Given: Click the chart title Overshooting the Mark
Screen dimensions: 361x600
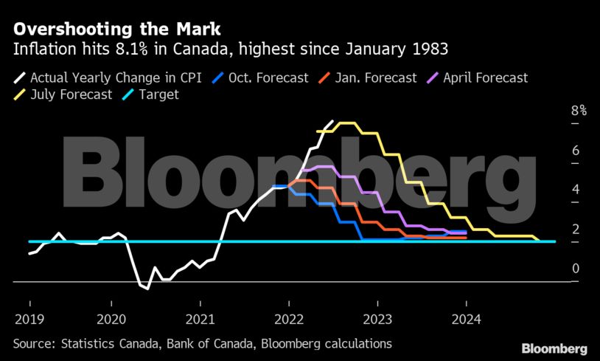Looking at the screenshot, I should point(116,30).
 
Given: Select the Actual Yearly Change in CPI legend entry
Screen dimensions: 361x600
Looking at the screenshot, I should point(109,77).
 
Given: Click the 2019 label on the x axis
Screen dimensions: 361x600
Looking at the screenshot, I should point(29,320).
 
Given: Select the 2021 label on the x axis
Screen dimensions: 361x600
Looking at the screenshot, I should point(200,320).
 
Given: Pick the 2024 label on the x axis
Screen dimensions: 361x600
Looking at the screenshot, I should point(466,320).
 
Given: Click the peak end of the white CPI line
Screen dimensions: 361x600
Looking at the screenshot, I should point(332,121).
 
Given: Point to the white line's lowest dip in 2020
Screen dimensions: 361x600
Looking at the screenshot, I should point(147,289).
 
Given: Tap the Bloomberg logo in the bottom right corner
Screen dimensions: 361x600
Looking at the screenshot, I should point(554,348).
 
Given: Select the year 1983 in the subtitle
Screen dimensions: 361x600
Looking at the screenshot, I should point(429,50).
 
